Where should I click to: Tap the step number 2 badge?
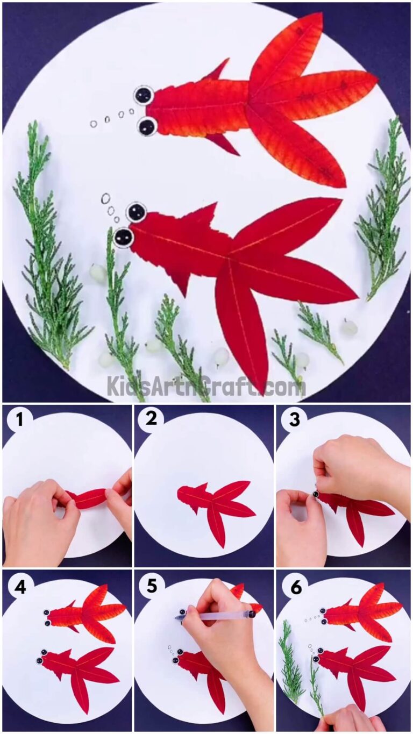[151, 418]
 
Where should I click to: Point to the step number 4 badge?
[19, 587]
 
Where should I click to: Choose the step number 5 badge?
[151, 587]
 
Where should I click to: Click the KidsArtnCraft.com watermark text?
[205, 386]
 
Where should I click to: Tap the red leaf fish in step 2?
[215, 505]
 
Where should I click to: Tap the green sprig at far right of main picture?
[384, 210]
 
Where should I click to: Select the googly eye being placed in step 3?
[316, 492]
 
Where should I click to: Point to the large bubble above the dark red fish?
[105, 198]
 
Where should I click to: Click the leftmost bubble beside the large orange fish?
[94, 124]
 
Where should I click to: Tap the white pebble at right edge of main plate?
[350, 326]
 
